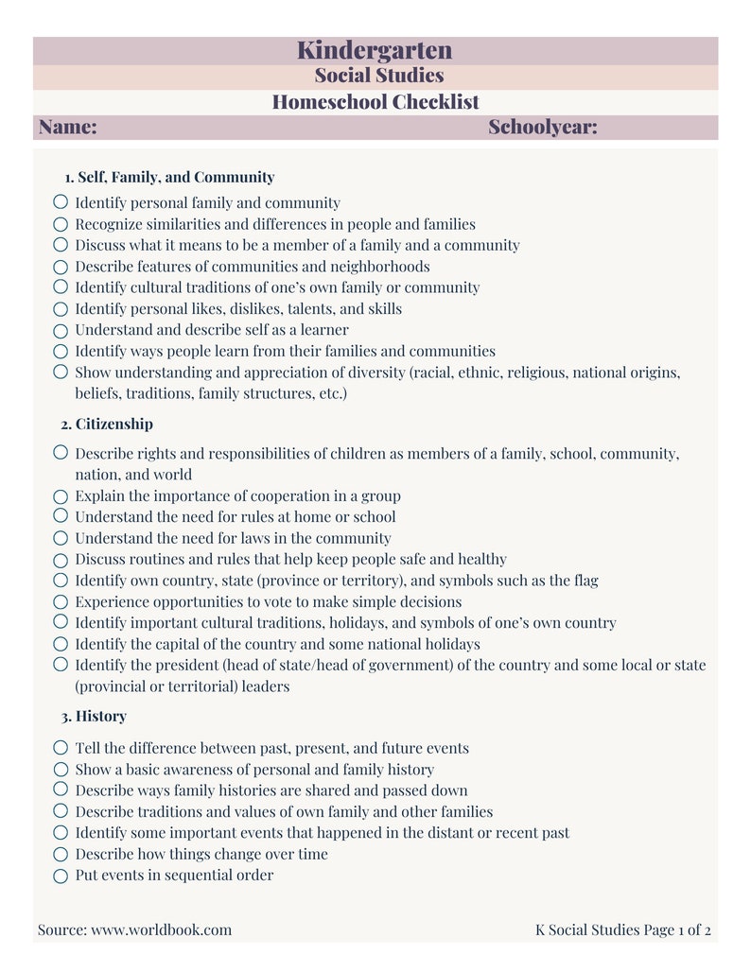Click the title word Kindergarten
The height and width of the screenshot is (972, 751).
coord(375,50)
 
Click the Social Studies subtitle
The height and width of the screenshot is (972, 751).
coord(378,76)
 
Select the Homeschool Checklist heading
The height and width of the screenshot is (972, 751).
coord(375,102)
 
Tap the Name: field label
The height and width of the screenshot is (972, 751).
coord(67,128)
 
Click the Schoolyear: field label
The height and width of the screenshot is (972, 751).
coord(542,128)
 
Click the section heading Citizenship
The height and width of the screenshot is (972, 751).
coord(114,424)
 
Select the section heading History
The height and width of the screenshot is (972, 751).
coord(100,716)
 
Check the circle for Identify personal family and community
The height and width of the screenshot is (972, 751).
coord(61,202)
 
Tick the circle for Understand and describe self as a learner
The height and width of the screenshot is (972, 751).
coord(61,330)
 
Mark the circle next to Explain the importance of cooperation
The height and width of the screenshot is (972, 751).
coord(61,495)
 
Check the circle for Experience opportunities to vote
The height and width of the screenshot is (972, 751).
coord(61,601)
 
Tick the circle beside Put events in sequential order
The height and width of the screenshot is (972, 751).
coord(61,876)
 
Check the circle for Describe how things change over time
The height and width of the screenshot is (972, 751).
coord(61,854)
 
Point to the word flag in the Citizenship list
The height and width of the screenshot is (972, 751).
coord(584,581)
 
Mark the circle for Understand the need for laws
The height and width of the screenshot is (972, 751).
coord(61,538)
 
